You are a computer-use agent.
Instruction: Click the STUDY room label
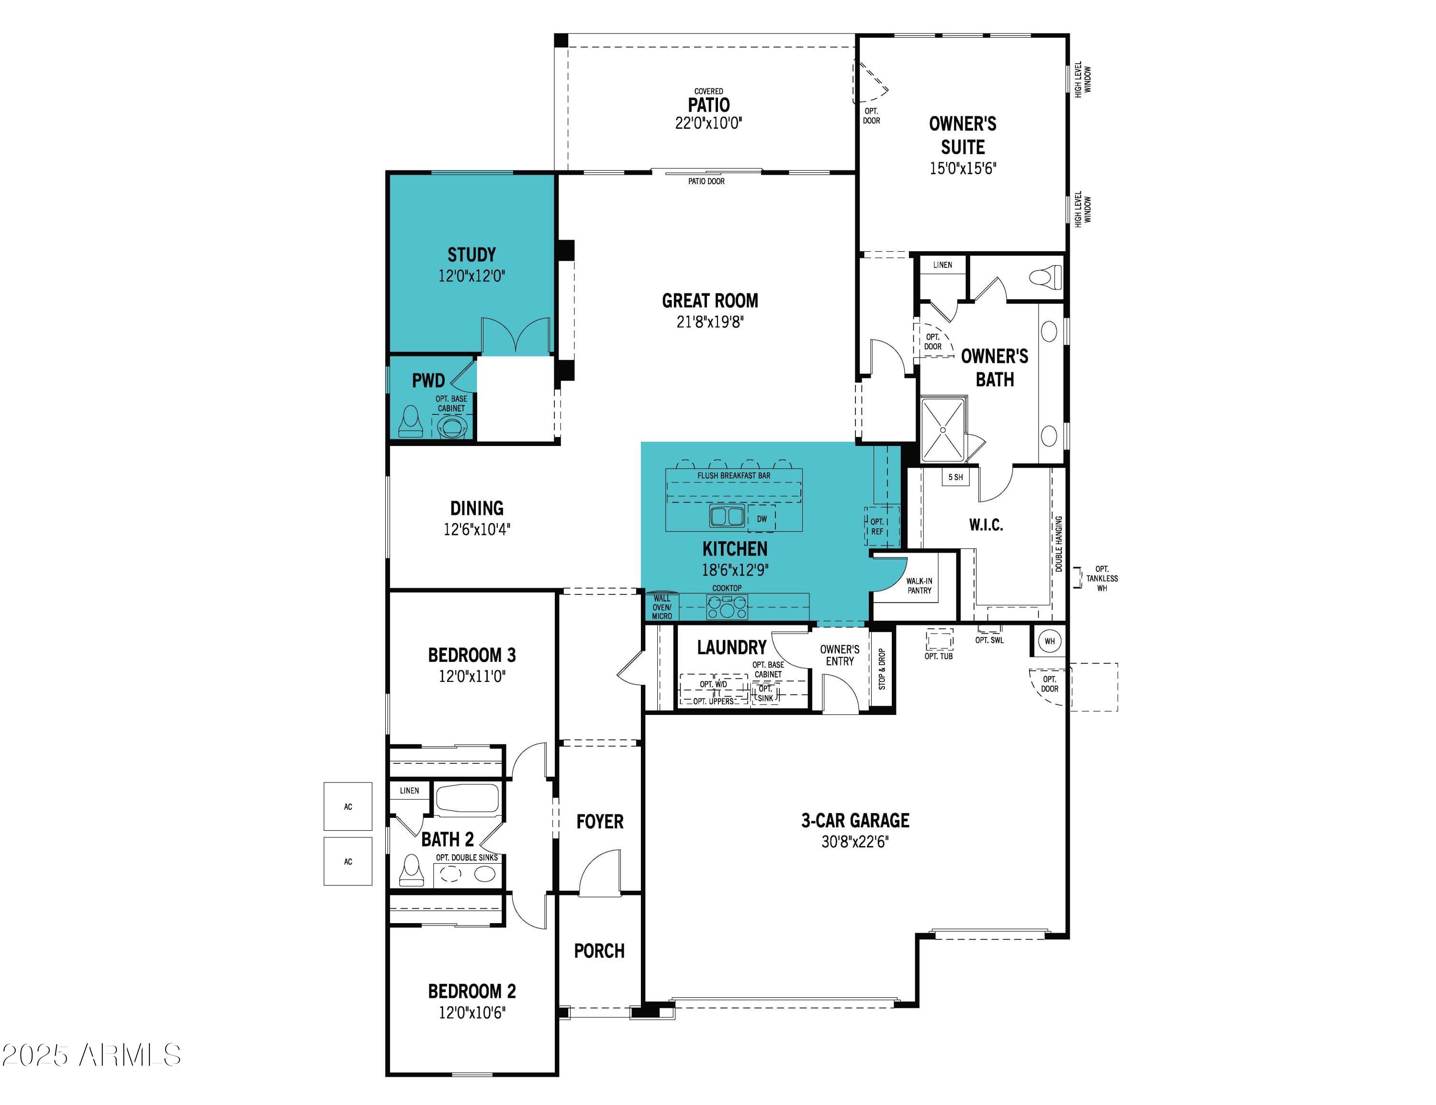(471, 255)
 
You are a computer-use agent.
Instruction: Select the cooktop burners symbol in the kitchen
(727, 607)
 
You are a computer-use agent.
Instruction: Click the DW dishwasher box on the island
(762, 519)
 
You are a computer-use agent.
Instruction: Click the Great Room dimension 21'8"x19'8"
(710, 322)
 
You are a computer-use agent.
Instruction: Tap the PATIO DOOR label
(706, 181)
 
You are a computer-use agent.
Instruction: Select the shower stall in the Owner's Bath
(943, 430)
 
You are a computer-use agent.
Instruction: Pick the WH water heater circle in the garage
(1049, 641)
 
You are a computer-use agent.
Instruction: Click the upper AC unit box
(348, 806)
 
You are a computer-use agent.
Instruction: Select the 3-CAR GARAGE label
(855, 820)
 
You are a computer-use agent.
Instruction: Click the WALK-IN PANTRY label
(919, 586)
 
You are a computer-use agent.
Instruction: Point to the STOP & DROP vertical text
(882, 669)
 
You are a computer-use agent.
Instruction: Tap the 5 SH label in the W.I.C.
(955, 477)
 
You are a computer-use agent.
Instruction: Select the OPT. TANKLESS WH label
(1101, 579)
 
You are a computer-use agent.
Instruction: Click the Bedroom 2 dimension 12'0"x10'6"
(472, 1012)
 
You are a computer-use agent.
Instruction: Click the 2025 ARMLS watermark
(91, 1055)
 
